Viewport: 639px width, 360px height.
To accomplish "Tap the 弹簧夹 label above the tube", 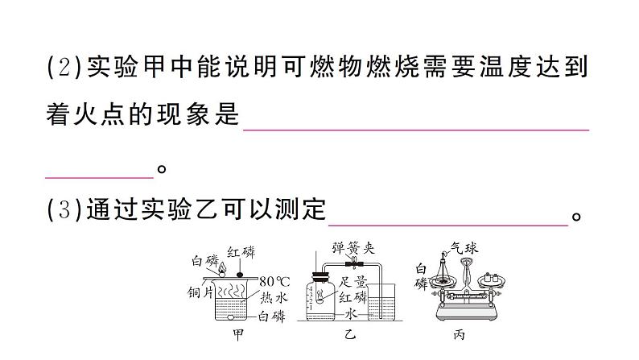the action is pyautogui.click(x=351, y=249).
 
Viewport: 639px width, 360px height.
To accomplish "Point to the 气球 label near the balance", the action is pyautogui.click(x=464, y=249).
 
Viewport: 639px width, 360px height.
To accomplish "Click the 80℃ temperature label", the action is pyautogui.click(x=274, y=282).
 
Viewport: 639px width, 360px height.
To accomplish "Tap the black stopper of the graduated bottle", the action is pyautogui.click(x=321, y=278).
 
